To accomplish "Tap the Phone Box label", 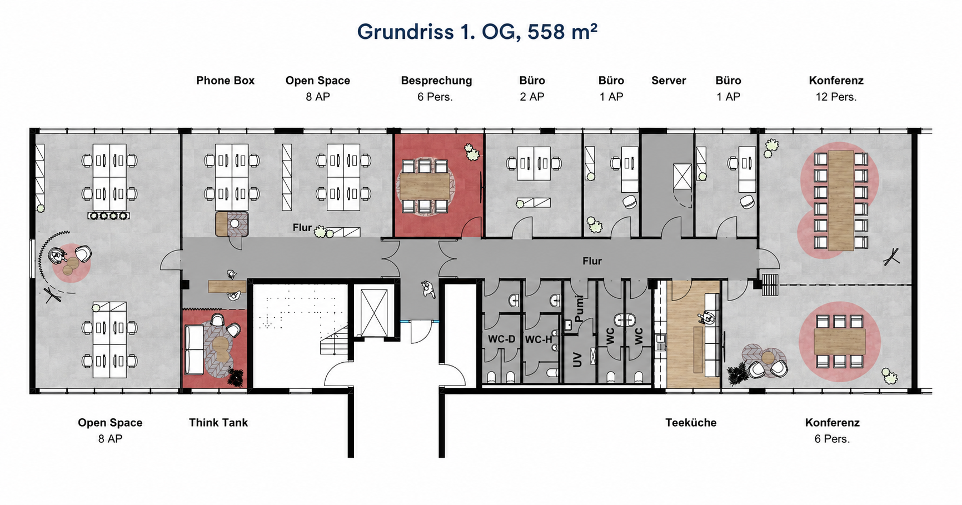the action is tap(225, 81).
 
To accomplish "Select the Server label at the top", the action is tap(669, 81).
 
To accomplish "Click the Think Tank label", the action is tap(218, 423).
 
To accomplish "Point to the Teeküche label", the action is tap(691, 423).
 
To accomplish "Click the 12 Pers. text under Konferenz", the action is tap(836, 97).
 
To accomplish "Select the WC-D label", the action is tap(502, 339).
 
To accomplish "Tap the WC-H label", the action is tap(539, 339).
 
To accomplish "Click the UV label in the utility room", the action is tap(577, 359).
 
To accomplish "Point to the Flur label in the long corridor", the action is tap(592, 261).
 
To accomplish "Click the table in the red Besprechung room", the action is tap(425, 186).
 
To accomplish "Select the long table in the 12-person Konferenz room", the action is tap(840, 201).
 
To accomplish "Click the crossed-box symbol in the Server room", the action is tap(682, 177).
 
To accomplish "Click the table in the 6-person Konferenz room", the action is tap(839, 342).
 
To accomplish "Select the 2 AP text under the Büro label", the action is tap(532, 97).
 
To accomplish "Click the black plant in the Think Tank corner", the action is tap(236, 377).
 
